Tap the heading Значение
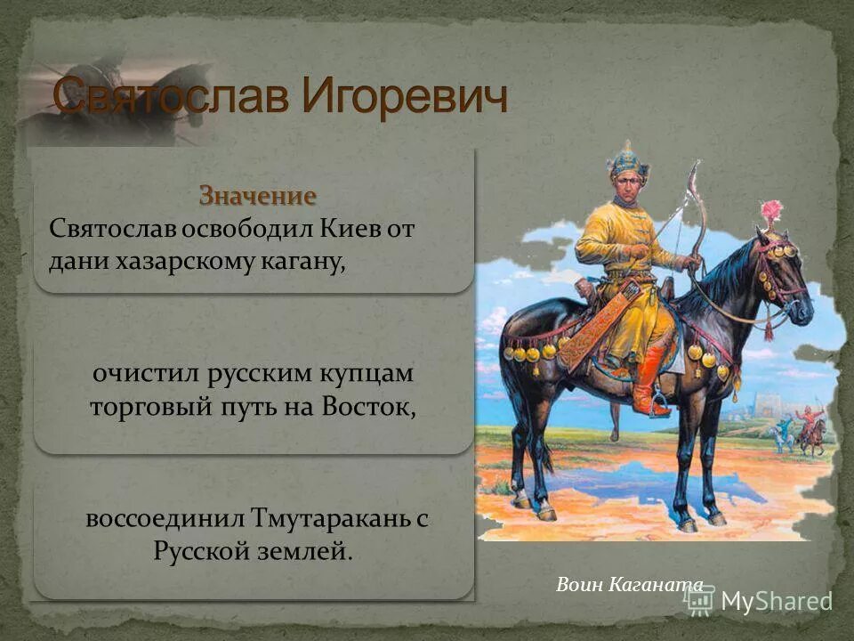pyautogui.click(x=257, y=195)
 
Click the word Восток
pyautogui.click(x=369, y=408)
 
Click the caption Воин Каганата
pyautogui.click(x=629, y=585)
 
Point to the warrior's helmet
pyautogui.click(x=628, y=160)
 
